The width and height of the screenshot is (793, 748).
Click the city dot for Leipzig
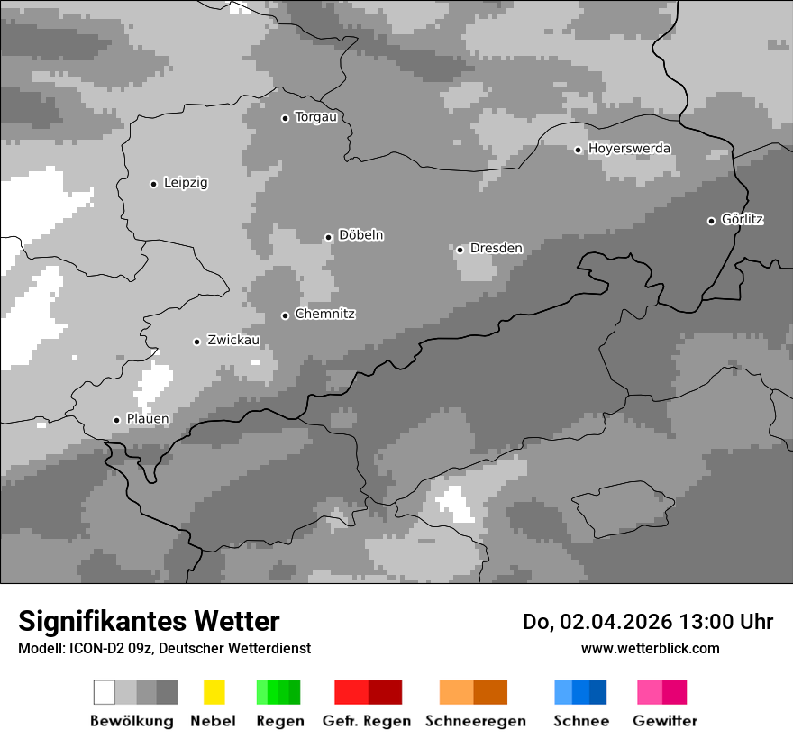coord(153,184)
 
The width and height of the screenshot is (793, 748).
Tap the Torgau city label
coord(315,117)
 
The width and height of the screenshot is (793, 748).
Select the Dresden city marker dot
coord(460,250)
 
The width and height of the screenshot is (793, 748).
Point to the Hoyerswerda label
coord(629,149)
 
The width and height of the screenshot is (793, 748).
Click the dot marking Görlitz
coord(711,221)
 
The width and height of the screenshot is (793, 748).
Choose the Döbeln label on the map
coord(360,235)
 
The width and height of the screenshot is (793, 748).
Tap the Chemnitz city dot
coord(285,315)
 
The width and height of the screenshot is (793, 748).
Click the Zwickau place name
coord(233,341)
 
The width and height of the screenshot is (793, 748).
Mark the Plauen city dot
coord(116,420)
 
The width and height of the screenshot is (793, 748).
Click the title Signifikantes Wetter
coord(149,622)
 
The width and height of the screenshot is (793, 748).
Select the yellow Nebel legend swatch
coord(214,692)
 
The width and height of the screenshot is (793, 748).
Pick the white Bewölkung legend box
coord(105,692)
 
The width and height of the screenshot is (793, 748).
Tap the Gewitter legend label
coord(665,721)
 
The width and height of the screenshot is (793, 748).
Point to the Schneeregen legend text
coord(475,721)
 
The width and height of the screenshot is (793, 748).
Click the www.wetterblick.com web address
coord(650,648)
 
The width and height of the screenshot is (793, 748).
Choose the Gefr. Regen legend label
coord(366,721)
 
